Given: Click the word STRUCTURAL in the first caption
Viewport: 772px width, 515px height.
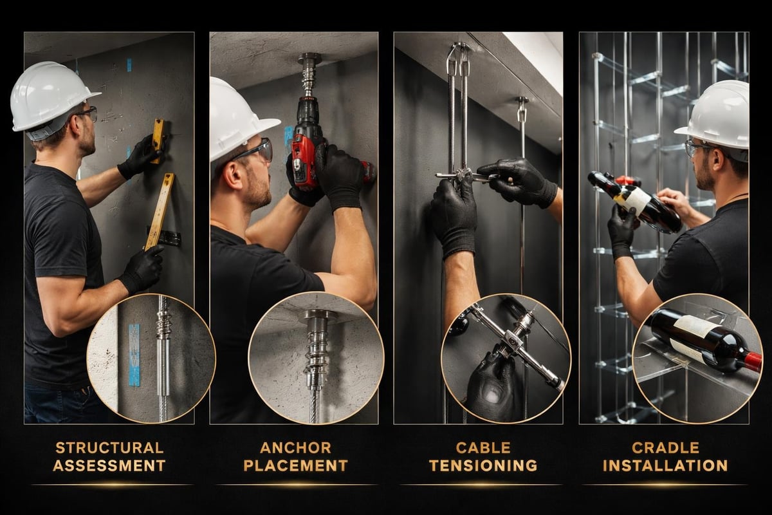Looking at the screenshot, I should tap(109, 447).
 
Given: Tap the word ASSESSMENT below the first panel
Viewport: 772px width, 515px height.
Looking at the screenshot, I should tap(109, 465).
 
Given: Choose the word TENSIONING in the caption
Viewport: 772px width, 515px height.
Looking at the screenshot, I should tap(482, 465).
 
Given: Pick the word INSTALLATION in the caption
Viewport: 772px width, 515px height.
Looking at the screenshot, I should tap(665, 465).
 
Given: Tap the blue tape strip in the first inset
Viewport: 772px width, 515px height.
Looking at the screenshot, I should tap(134, 354).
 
